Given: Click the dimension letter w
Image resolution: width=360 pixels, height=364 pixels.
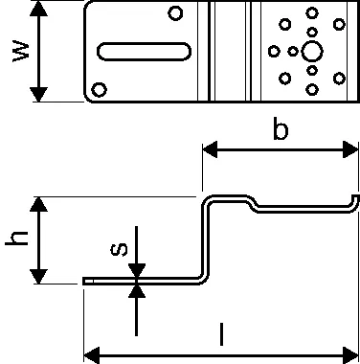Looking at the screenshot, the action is tap(21, 51).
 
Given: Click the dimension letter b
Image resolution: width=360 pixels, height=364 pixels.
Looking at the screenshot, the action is tap(281, 128).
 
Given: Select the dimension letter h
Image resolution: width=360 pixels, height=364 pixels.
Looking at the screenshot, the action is tap(16, 239).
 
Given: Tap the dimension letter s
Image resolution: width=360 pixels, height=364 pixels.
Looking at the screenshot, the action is tap(119, 249).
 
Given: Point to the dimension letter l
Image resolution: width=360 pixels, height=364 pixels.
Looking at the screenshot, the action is tap(221, 334).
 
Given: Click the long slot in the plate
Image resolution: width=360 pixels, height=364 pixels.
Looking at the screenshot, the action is tap(144, 52).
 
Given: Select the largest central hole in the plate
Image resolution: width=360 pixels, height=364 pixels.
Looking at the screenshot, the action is tap(312, 52).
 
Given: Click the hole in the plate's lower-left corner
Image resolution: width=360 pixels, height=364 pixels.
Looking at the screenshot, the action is tap(100, 90).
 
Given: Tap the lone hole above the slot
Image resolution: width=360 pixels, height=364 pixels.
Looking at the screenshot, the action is tap(175, 13).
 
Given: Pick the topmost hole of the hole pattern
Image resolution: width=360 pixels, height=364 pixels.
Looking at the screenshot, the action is tap(312, 13).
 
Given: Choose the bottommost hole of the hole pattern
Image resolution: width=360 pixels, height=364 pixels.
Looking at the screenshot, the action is tap(312, 89).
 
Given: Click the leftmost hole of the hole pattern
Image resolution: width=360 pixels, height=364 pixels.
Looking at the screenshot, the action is tap(274, 51).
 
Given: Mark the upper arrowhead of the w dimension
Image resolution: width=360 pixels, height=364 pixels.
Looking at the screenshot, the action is tap(38, 9).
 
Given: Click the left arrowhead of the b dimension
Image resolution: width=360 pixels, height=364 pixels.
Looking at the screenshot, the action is tap(210, 149).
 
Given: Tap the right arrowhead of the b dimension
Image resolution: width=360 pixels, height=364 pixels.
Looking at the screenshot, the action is tap(350, 149).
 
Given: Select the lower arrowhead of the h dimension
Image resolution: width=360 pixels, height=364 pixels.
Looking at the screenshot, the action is tap(38, 276).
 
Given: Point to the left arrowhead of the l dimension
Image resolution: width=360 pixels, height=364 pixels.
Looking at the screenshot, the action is tap(92, 355).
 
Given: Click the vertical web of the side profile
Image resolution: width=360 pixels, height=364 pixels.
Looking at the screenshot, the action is tap(206, 239).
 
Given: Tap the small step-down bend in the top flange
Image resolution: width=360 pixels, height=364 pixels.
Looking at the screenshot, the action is tap(253, 204).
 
